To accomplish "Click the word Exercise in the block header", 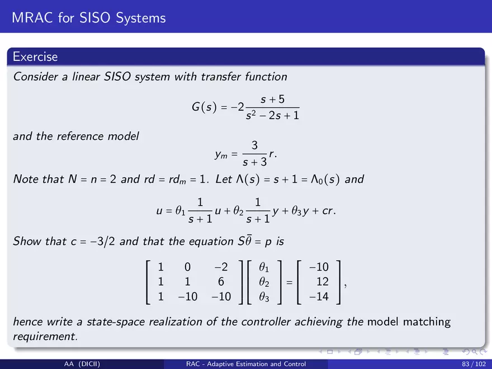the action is [x=35, y=57].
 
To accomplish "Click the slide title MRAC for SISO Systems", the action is [x=89, y=18].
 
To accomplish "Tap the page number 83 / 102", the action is [x=474, y=364].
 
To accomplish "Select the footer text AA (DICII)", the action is [x=82, y=364].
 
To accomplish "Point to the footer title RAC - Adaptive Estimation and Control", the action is [x=246, y=364].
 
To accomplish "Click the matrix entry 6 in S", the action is [x=221, y=281].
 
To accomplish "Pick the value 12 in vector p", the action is [x=322, y=281].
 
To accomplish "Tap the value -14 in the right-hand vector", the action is [x=319, y=296].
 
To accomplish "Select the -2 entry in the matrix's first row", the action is [x=221, y=267].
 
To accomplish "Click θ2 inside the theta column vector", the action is [x=264, y=282].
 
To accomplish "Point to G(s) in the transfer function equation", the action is [x=204, y=107].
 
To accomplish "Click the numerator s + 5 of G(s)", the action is [x=272, y=100].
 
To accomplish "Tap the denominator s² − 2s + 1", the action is [x=272, y=116].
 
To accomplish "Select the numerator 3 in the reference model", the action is [x=254, y=145].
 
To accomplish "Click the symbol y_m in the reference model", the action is [x=221, y=155].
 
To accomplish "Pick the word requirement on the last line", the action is [x=45, y=337].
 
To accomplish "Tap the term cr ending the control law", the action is [x=328, y=211].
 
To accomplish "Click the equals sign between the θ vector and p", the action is [x=289, y=282].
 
